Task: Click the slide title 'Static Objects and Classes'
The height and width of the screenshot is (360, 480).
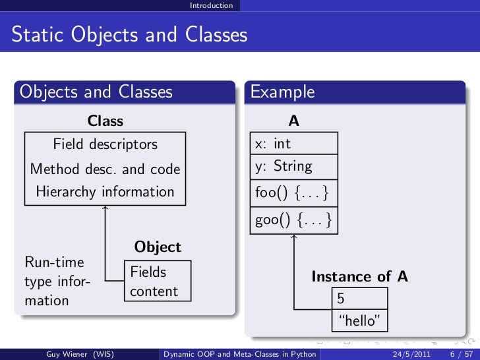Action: click(x=129, y=34)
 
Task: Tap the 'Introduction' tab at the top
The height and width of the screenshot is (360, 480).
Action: click(x=211, y=5)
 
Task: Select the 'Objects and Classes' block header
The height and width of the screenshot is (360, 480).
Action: click(x=96, y=92)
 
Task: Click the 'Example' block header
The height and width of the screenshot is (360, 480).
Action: click(x=283, y=92)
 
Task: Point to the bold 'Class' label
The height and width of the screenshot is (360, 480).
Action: click(x=105, y=121)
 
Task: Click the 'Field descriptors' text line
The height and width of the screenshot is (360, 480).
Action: click(x=105, y=144)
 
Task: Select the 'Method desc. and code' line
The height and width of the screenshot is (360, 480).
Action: click(x=105, y=169)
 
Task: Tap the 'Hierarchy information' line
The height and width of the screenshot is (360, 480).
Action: click(x=105, y=192)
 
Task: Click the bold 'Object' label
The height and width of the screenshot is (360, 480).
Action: click(x=158, y=247)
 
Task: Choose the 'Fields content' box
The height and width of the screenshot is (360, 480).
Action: click(x=157, y=282)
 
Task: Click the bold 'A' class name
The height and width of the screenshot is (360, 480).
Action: click(x=294, y=121)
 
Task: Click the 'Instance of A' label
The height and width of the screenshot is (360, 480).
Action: click(x=359, y=277)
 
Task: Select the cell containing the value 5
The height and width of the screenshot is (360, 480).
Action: click(x=359, y=299)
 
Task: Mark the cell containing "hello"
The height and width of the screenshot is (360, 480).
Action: click(x=359, y=321)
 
